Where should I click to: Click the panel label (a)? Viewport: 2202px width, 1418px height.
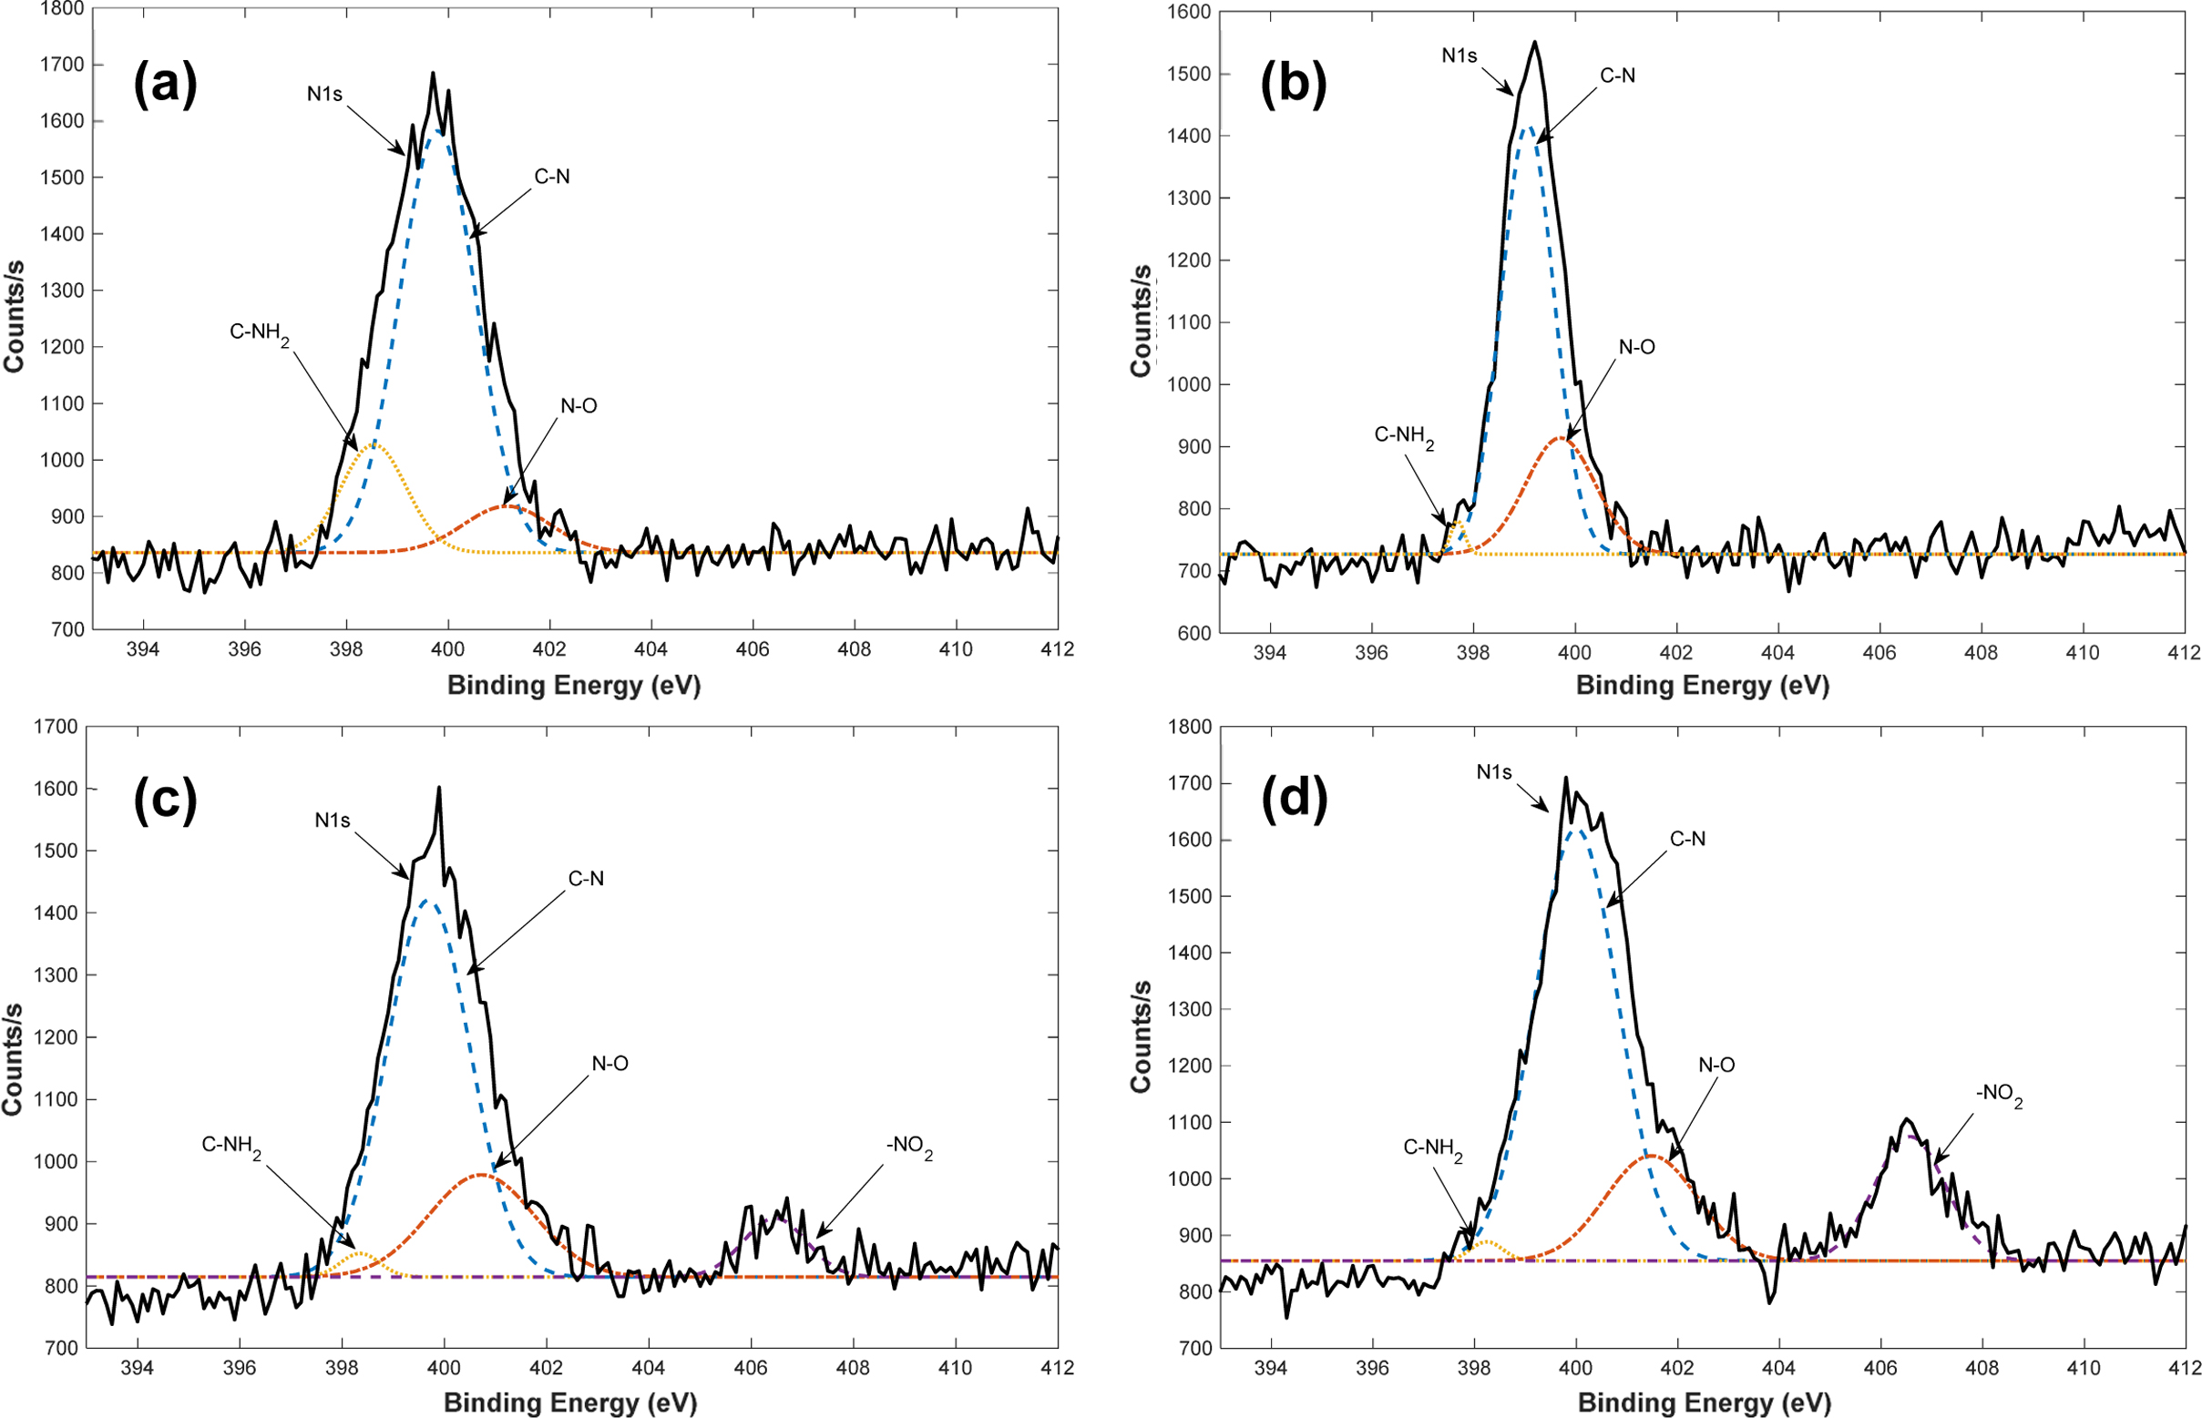tap(165, 87)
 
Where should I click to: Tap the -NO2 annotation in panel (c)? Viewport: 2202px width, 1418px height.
tap(909, 1148)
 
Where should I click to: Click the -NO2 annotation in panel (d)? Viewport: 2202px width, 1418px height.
tap(1999, 1096)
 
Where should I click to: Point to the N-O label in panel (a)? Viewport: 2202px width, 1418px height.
tap(579, 406)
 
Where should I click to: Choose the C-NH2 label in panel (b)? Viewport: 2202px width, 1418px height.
tap(1404, 435)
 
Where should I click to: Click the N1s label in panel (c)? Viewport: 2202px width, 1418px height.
tap(333, 820)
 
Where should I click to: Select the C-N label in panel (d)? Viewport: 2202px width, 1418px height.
tap(1687, 839)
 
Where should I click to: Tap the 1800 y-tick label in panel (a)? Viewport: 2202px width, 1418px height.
tap(63, 9)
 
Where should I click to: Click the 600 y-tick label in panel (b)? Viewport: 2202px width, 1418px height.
tap(1193, 634)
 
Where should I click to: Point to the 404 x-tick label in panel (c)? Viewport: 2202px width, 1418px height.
tap(649, 1367)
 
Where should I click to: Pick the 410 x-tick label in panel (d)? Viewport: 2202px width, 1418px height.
tap(2084, 1368)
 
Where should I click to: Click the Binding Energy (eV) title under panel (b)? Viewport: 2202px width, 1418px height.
tap(1702, 685)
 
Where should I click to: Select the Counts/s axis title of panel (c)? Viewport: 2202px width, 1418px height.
tap(13, 1059)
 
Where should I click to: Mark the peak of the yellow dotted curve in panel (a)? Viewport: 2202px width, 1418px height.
tap(374, 444)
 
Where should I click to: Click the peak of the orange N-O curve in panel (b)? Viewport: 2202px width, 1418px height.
tap(1562, 438)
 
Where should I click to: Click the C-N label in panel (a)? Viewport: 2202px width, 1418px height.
tap(552, 177)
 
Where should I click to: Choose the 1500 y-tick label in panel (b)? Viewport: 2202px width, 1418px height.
tap(1189, 75)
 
